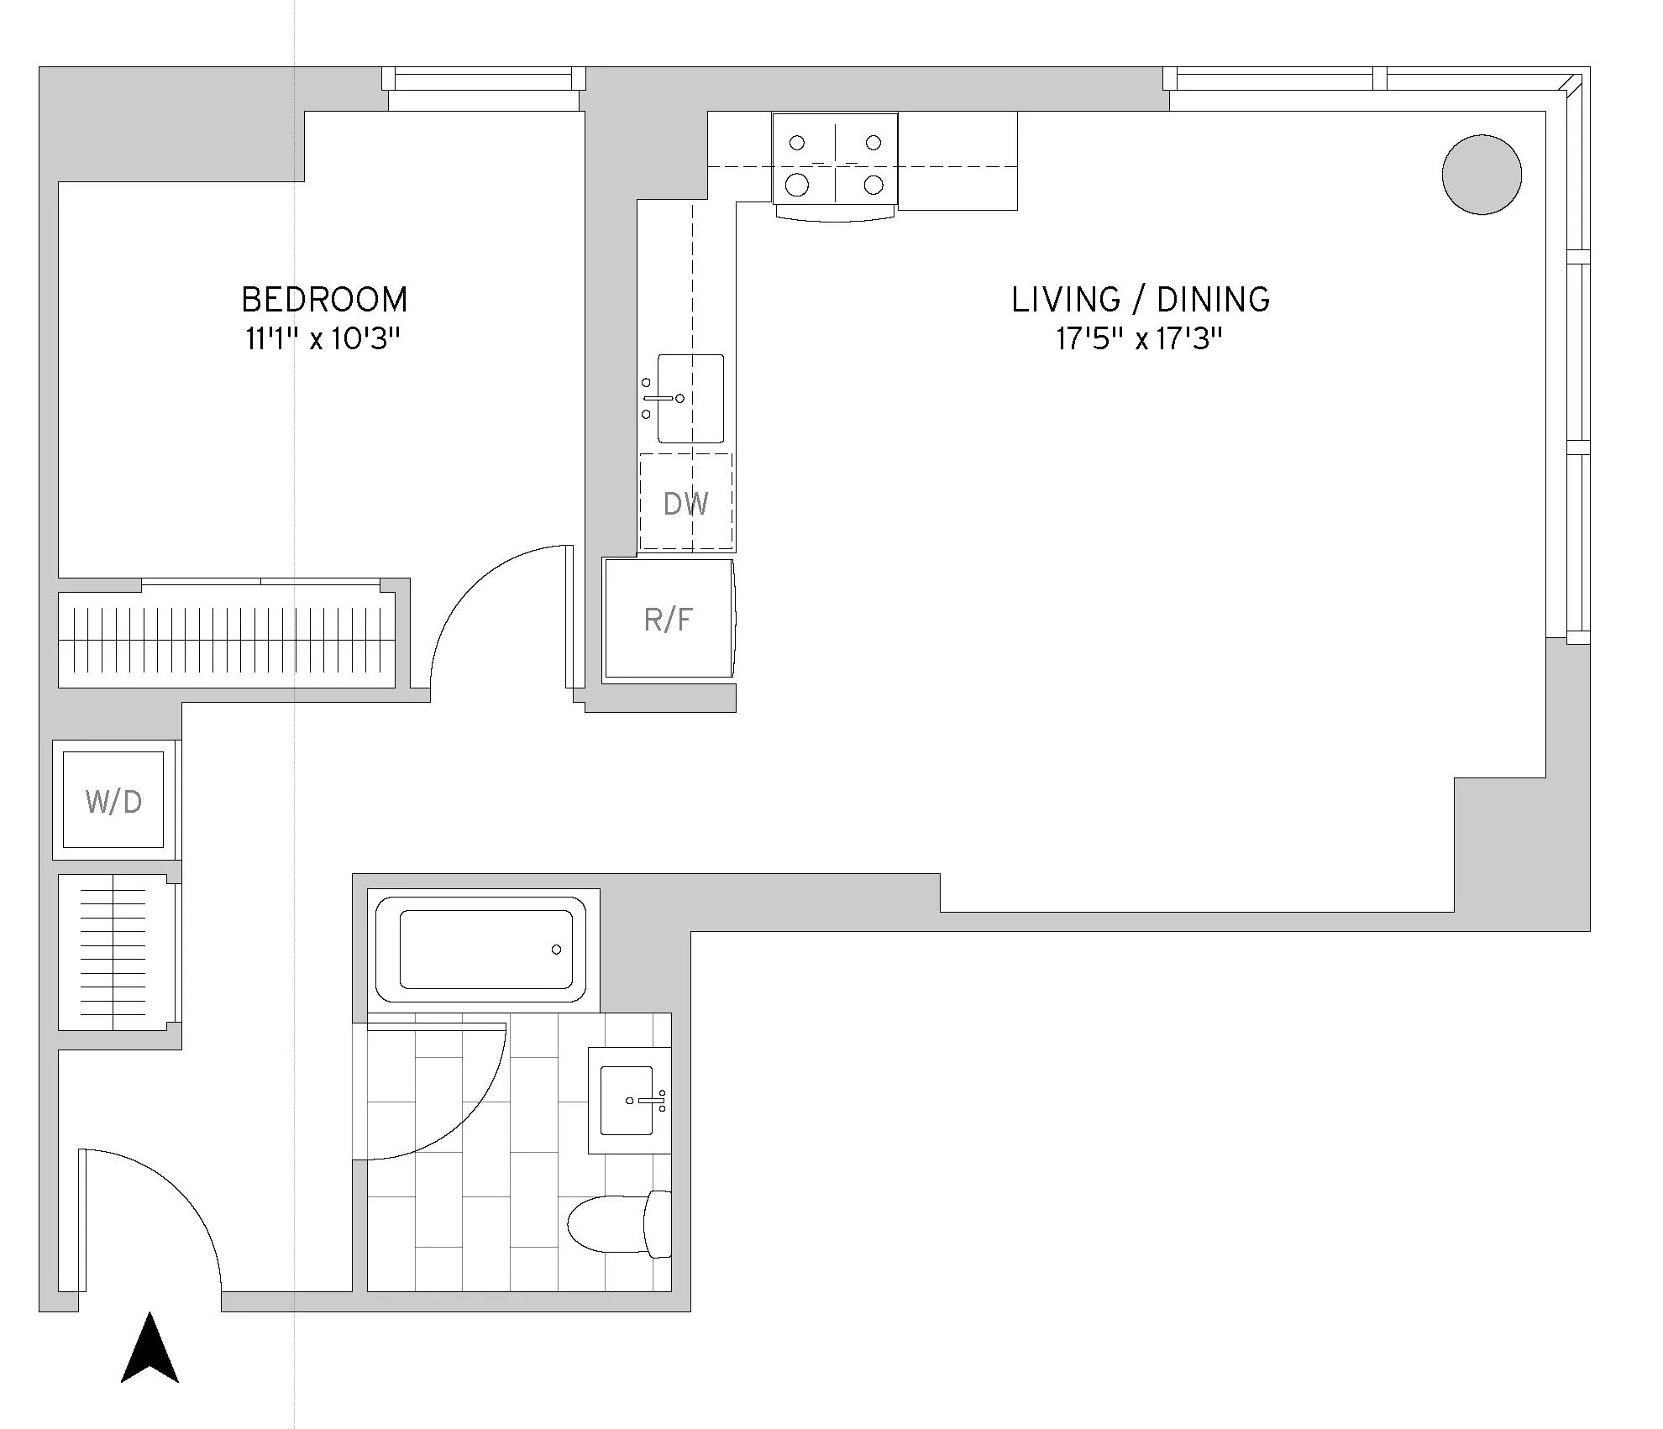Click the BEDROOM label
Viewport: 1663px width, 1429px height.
[324, 300]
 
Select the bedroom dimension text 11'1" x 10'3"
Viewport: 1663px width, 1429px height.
[323, 339]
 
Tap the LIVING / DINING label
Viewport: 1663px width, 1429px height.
[1140, 300]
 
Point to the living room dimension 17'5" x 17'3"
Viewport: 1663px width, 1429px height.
[1138, 339]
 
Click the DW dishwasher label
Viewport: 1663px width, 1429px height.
[685, 504]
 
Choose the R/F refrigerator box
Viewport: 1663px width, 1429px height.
[669, 620]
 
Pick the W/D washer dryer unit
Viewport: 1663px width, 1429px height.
[114, 801]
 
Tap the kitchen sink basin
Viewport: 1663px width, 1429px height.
[690, 398]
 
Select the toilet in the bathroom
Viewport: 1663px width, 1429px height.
[618, 1224]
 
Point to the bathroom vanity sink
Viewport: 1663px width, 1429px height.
[627, 1099]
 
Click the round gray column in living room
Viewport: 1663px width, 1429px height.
[1482, 175]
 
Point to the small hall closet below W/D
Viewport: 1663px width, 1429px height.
[114, 953]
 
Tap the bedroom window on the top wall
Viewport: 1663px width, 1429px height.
[484, 81]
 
